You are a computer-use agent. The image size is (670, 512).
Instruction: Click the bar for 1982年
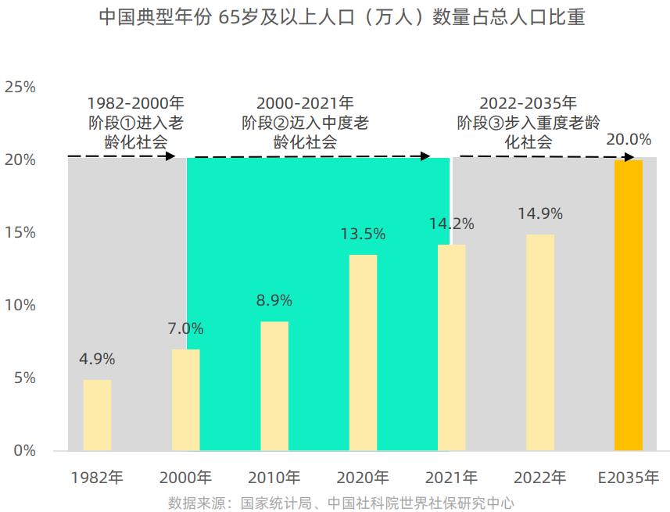(x=97, y=415)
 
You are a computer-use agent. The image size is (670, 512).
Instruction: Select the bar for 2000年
(x=185, y=399)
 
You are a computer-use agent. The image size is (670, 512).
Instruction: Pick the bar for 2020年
(x=363, y=353)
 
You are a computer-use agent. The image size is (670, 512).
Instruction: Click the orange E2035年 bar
(x=629, y=305)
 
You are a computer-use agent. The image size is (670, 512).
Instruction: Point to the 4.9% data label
(x=97, y=360)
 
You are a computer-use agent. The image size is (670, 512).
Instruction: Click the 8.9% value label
(x=274, y=300)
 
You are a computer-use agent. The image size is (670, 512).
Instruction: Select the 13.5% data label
(x=363, y=234)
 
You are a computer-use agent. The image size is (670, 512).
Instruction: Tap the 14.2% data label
(x=451, y=224)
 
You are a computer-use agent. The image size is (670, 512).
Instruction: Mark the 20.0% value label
(x=629, y=140)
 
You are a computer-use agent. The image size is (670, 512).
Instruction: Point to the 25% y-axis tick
(x=20, y=87)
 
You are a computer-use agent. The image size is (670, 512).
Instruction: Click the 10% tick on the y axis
(x=20, y=305)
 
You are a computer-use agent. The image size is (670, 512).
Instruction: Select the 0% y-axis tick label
(x=24, y=450)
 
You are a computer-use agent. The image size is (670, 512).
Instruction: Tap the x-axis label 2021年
(x=451, y=478)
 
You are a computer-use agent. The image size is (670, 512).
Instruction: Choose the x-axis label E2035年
(x=629, y=478)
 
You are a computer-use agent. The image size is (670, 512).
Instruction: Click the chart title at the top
(x=342, y=18)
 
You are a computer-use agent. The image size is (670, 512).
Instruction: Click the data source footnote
(x=341, y=503)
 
